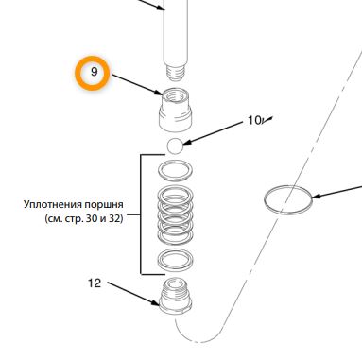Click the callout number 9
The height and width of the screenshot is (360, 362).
pyautogui.click(x=94, y=72)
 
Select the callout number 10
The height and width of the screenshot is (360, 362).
pyautogui.click(x=254, y=120)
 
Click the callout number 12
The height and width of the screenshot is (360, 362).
pyautogui.click(x=95, y=283)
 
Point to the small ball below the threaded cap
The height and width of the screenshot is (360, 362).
pyautogui.click(x=175, y=146)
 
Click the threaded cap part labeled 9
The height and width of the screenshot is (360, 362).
pyautogui.click(x=175, y=110)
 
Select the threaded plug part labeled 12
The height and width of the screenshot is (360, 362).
pyautogui.click(x=175, y=295)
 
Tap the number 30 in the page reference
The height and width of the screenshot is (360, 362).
pyautogui.click(x=91, y=218)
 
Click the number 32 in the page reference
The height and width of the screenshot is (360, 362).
pyautogui.click(x=114, y=218)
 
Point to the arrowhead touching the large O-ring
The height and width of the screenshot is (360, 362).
pyautogui.click(x=316, y=196)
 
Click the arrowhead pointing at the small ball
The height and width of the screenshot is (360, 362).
pyautogui.click(x=186, y=143)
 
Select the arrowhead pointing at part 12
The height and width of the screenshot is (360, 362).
pyautogui.click(x=155, y=302)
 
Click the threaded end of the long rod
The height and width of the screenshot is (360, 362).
pyautogui.click(x=175, y=73)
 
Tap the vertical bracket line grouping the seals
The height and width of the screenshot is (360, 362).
pyautogui.click(x=141, y=214)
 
